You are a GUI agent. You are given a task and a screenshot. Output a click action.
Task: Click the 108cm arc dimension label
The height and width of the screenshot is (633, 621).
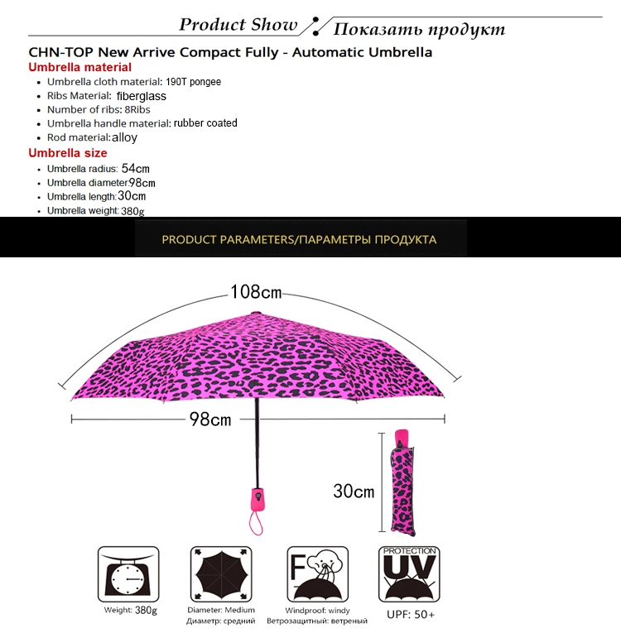coord(256,291)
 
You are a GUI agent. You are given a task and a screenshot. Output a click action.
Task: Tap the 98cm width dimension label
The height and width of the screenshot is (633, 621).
coord(210,420)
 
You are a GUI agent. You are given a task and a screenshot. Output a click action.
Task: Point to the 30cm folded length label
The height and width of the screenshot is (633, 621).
coord(354,492)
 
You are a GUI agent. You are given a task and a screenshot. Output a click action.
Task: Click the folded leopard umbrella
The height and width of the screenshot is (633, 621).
coord(402,483)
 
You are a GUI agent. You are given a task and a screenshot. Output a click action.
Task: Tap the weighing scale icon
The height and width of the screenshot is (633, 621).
coord(128,574)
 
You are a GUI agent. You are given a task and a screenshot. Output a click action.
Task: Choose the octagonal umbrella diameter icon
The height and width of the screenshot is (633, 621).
coord(221,574)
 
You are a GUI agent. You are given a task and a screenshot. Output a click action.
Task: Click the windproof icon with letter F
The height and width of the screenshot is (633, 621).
coord(318,574)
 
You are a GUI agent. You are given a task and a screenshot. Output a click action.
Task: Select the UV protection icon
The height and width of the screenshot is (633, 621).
coord(409,574)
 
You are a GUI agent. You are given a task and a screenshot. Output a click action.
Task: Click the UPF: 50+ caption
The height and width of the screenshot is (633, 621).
coord(411,615)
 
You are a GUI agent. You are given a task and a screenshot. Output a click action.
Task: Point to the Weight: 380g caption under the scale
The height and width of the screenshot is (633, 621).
coord(130,610)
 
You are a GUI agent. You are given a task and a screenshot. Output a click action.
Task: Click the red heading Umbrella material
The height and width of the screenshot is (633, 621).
coord(80,67)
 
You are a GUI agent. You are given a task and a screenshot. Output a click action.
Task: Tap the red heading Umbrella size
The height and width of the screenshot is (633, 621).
coord(68,153)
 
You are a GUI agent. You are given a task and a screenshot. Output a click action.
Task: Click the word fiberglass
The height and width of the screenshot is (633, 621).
coord(142,96)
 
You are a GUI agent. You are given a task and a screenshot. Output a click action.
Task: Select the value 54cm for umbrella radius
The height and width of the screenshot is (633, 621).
coord(135,168)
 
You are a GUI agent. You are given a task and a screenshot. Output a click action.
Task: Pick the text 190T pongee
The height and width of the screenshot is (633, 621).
coord(193,82)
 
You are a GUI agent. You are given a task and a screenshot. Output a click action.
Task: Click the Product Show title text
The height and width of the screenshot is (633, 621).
coord(238,25)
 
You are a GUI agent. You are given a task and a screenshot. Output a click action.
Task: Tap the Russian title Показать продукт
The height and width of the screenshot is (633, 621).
coord(419,29)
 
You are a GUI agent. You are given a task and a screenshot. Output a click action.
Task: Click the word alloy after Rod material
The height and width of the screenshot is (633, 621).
coord(124,137)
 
